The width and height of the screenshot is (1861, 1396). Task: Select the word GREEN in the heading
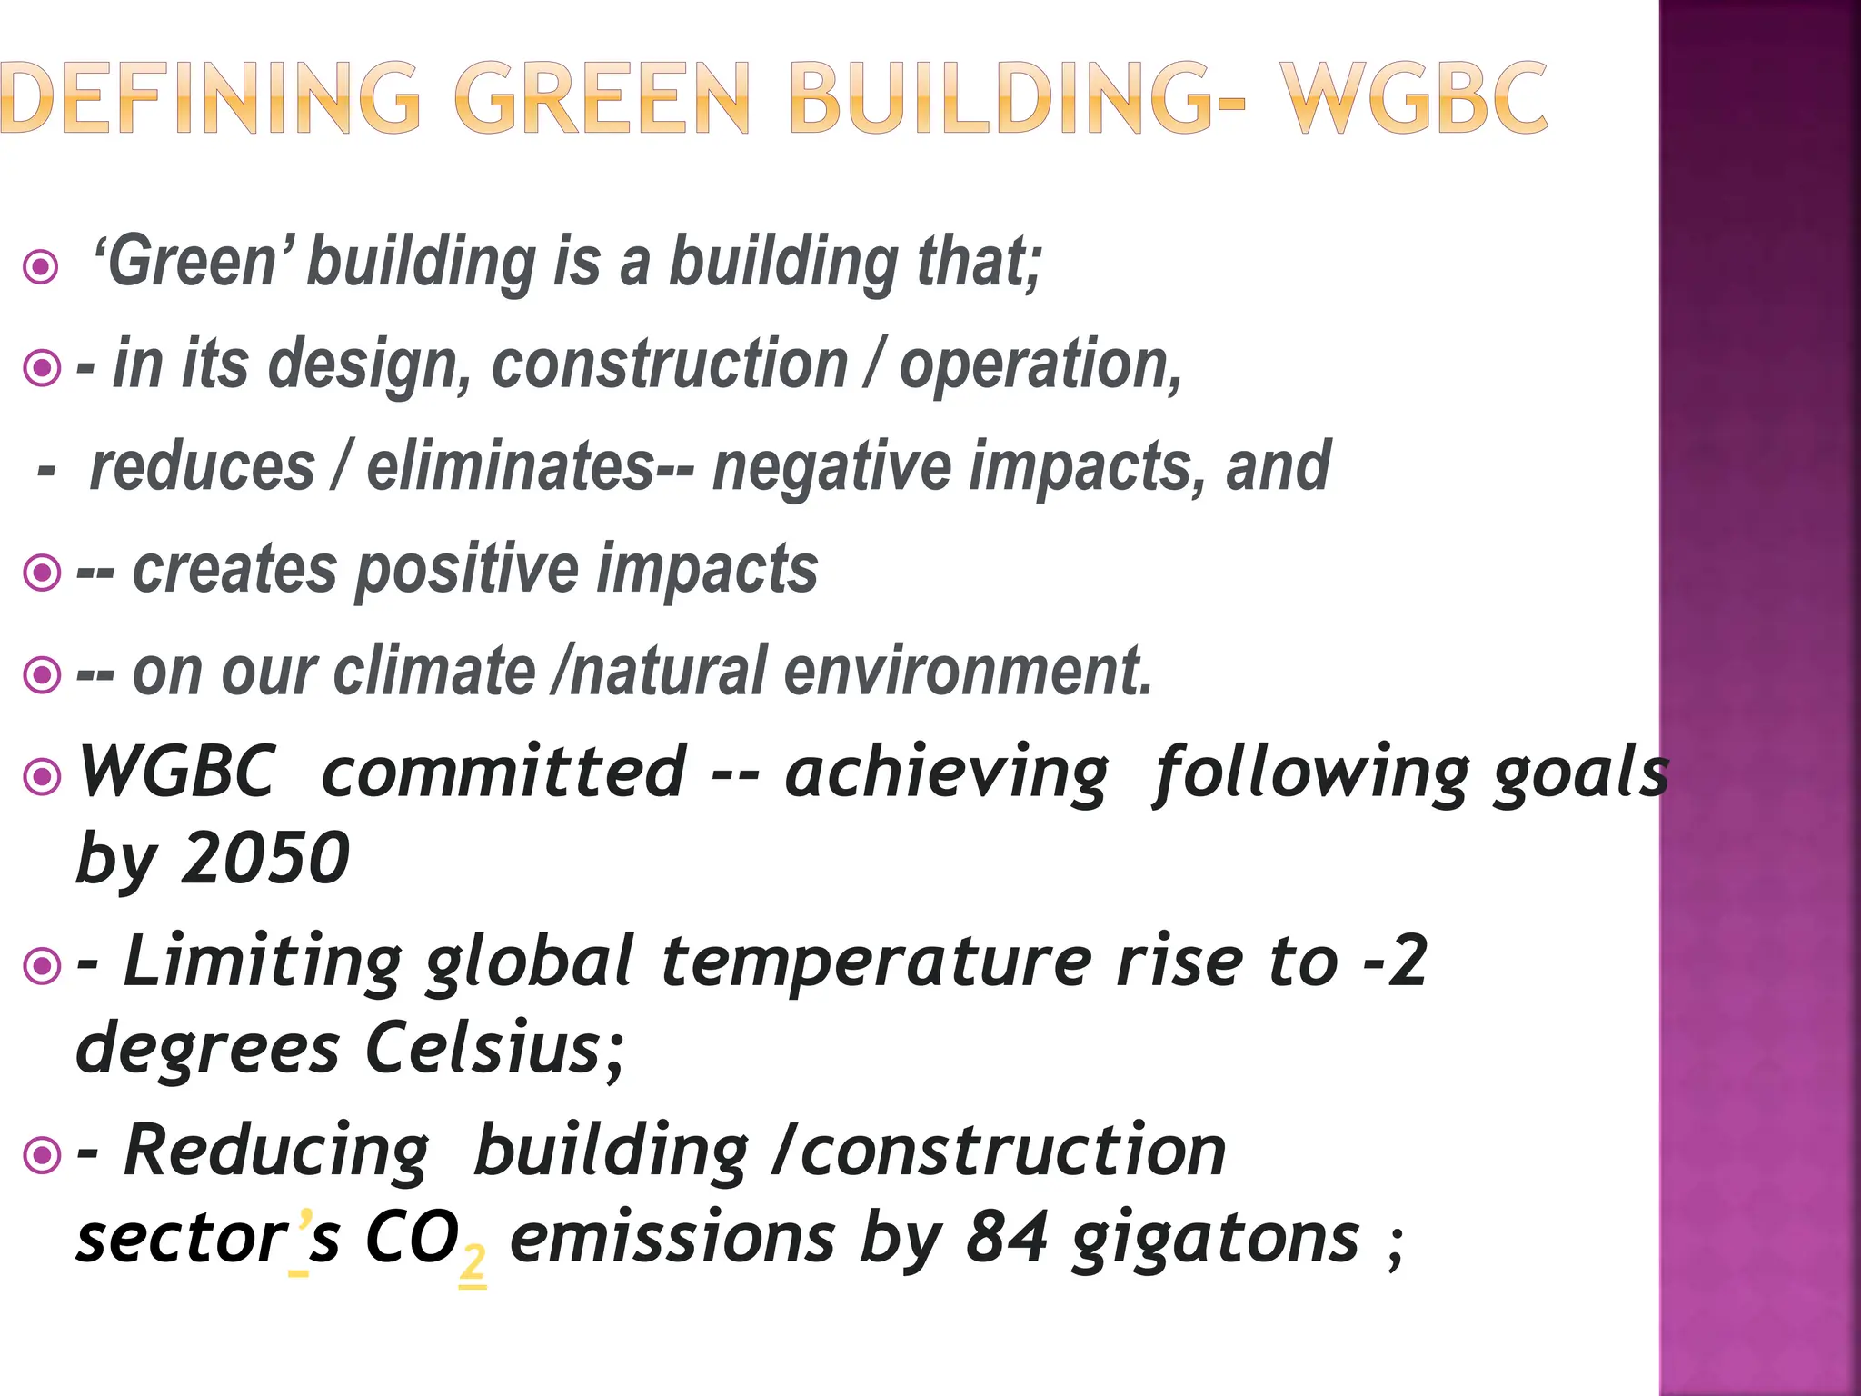pos(602,98)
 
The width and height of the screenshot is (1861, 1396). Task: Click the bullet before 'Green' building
pos(41,267)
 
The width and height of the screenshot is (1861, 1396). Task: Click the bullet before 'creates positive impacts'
pos(42,573)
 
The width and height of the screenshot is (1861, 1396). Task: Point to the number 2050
pos(265,858)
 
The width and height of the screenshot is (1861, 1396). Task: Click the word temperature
pos(876,962)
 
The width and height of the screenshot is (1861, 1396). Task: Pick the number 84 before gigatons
pos(1006,1238)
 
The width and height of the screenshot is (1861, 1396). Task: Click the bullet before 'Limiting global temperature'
pos(42,965)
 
